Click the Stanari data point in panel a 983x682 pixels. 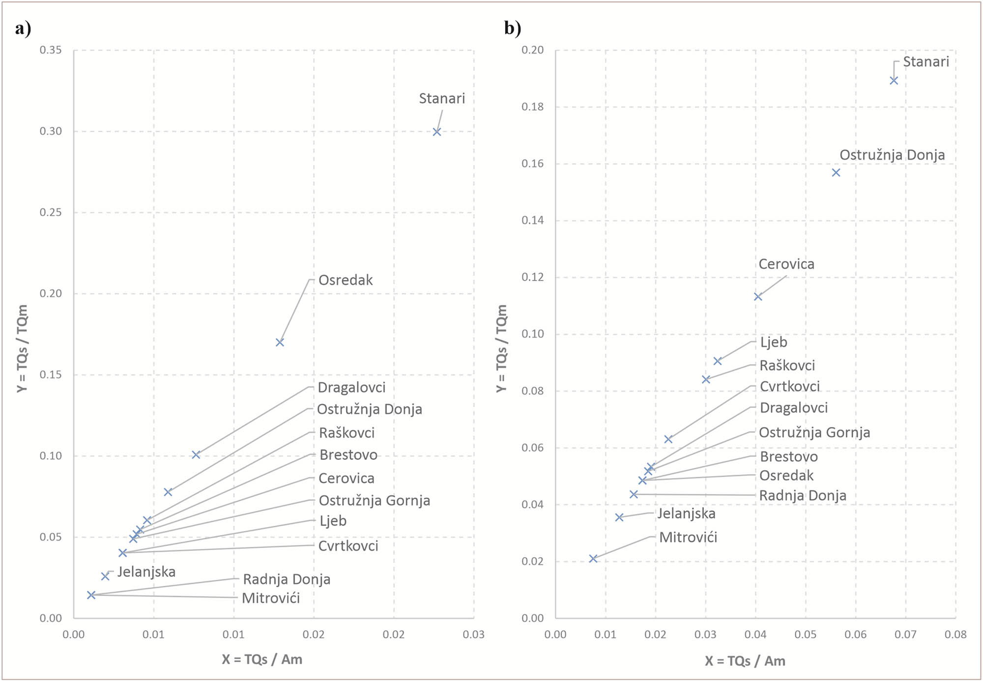pyautogui.click(x=436, y=132)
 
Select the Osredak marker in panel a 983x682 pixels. pyautogui.click(x=280, y=342)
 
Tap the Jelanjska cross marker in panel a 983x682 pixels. pyautogui.click(x=105, y=576)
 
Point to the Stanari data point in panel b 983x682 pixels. pyautogui.click(x=894, y=81)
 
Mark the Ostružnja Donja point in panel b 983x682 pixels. pyautogui.click(x=836, y=172)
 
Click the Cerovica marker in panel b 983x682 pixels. pyautogui.click(x=758, y=297)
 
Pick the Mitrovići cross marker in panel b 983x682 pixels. pyautogui.click(x=593, y=559)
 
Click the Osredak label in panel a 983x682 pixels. pyautogui.click(x=346, y=280)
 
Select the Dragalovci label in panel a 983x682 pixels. pyautogui.click(x=351, y=388)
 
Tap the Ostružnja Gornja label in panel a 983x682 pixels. pyautogui.click(x=374, y=501)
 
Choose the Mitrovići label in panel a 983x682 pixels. pyautogui.click(x=271, y=598)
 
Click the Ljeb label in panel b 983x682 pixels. pyautogui.click(x=773, y=342)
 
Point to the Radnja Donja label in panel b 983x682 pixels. pyautogui.click(x=803, y=495)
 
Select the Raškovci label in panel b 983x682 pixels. pyautogui.click(x=787, y=366)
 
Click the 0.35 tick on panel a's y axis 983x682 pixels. pyautogui.click(x=51, y=50)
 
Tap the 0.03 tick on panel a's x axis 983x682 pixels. pyautogui.click(x=473, y=634)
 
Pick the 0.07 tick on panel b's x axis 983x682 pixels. pyautogui.click(x=905, y=634)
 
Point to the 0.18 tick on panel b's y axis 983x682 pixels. pyautogui.click(x=532, y=107)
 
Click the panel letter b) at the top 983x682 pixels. pyautogui.click(x=513, y=28)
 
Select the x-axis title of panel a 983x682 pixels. pyautogui.click(x=261, y=659)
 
